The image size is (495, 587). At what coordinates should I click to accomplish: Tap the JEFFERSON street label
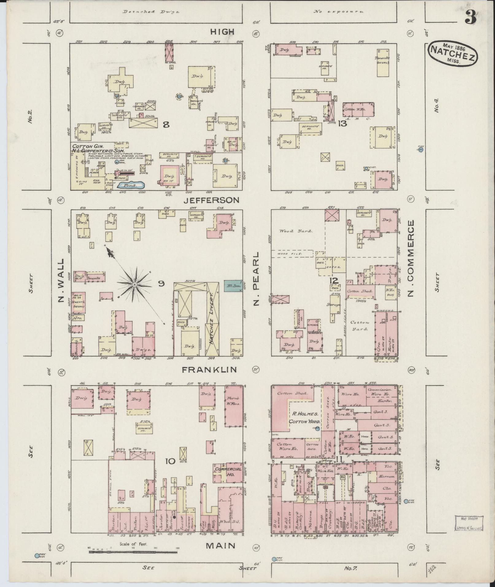point(211,200)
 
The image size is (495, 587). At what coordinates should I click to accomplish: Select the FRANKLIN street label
point(210,370)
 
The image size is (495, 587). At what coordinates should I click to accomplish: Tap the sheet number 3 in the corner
point(470,17)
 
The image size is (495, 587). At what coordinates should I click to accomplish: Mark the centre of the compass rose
point(134,285)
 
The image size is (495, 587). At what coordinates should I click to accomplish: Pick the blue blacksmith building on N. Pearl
point(233,286)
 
